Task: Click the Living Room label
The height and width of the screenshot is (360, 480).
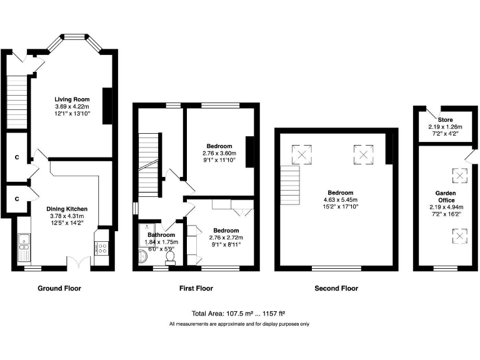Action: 72,99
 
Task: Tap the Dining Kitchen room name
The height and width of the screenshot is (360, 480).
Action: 67,209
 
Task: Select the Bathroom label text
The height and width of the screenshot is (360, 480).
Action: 161,235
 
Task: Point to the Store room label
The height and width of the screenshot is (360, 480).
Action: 445,120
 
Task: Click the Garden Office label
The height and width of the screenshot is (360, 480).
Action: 445,196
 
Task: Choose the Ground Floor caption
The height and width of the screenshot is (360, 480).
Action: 59,289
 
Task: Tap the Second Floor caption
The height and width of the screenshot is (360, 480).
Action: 337,289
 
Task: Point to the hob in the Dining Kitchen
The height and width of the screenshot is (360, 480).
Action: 101,248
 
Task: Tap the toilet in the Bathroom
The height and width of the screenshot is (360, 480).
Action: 169,256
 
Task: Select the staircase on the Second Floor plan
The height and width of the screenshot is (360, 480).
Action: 290,186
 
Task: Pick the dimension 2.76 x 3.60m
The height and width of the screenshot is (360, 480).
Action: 217,153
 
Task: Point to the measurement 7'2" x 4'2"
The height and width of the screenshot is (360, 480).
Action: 445,133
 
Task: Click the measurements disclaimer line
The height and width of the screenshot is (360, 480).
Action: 239,324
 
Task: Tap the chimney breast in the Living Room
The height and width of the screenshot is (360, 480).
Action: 107,106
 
